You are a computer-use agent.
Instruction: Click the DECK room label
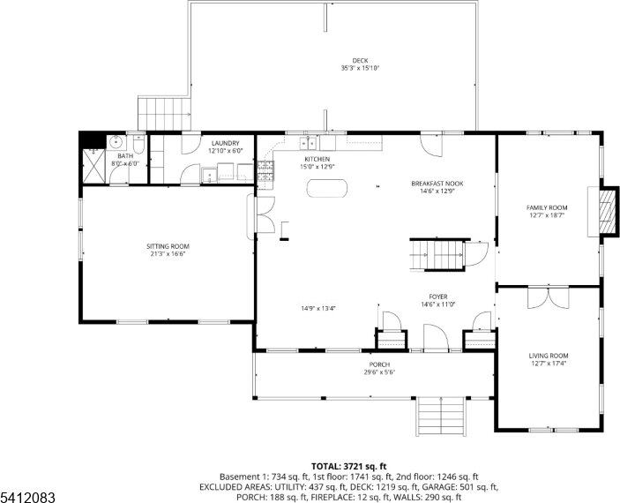point(359,60)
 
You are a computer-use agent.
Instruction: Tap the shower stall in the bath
point(93,165)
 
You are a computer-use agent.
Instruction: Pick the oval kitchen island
point(327,188)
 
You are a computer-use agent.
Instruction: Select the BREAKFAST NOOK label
point(437,184)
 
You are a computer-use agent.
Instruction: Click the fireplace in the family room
point(604,212)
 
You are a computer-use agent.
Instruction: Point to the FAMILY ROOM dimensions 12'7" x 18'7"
point(547,214)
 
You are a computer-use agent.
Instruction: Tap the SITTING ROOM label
point(168,246)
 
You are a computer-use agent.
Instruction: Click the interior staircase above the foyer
point(438,254)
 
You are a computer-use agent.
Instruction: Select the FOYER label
point(437,297)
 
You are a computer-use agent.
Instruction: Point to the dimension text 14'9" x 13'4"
point(317,308)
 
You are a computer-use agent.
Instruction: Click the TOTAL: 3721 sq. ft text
point(348,465)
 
